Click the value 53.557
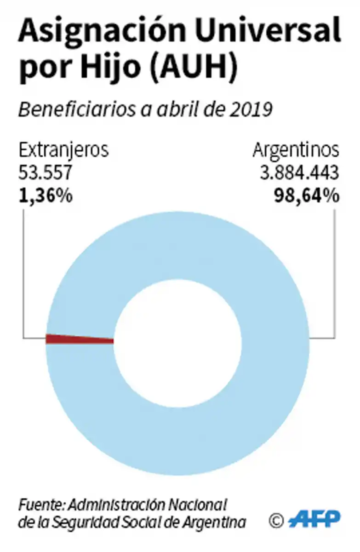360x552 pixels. pyautogui.click(x=45, y=173)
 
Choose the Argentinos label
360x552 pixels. pyautogui.click(x=296, y=150)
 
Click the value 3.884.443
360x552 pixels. pyautogui.click(x=299, y=173)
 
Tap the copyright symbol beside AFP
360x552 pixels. pyautogui.click(x=276, y=520)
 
